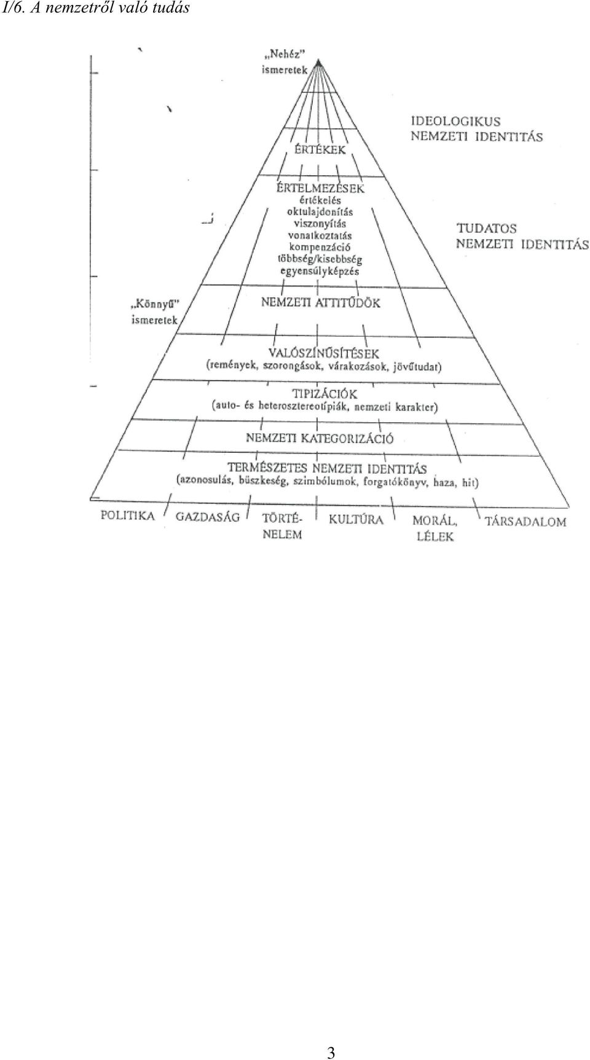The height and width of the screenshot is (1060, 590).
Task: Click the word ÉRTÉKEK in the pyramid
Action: tap(320, 150)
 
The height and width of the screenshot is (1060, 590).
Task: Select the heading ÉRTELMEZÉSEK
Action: tap(320, 188)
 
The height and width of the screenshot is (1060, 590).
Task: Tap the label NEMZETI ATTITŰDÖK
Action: tap(321, 303)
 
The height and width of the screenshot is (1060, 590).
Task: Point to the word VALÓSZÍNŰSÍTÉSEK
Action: tap(324, 353)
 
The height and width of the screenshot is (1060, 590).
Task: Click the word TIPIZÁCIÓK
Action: tap(324, 393)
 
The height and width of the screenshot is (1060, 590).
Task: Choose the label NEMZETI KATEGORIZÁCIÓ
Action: tap(320, 439)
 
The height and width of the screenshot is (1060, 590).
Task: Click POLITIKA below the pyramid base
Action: tap(128, 516)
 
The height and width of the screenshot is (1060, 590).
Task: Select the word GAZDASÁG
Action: tap(208, 517)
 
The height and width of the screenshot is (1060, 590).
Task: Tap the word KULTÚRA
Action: tap(356, 519)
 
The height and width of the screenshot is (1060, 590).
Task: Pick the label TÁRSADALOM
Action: tap(525, 522)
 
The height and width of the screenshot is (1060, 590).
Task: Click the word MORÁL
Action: tap(435, 521)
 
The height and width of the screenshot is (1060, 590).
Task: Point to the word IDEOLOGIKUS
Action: tap(455, 122)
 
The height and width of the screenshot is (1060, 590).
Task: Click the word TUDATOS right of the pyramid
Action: tap(486, 229)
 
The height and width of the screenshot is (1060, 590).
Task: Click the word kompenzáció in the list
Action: tap(320, 247)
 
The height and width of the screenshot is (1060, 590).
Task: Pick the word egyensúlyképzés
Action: tap(320, 271)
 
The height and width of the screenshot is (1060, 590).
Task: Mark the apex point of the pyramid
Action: tap(318, 61)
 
